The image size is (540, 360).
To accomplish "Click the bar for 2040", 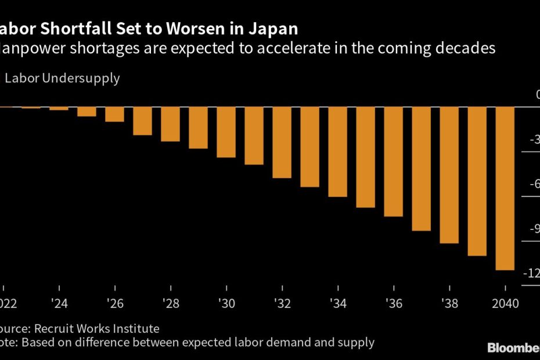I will coord(505,188).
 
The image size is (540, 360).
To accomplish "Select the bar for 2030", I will coord(226,132).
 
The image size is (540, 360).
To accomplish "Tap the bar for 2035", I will coord(365,157).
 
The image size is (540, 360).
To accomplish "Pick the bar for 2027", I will coord(142,121).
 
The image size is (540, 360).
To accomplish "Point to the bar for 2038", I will coord(449,175).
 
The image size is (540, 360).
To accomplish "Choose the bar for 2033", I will coord(309,147).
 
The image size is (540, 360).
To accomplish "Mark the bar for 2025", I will coord(87,111).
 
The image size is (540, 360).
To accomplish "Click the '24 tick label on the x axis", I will coord(59,303).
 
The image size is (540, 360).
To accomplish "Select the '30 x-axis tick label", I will coord(226,303).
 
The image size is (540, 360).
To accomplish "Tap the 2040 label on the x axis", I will coord(505,303).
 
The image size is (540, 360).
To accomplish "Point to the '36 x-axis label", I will coord(393,303).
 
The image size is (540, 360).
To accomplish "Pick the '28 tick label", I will coord(170,303).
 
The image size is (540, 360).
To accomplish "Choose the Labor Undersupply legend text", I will coord(62,78).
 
